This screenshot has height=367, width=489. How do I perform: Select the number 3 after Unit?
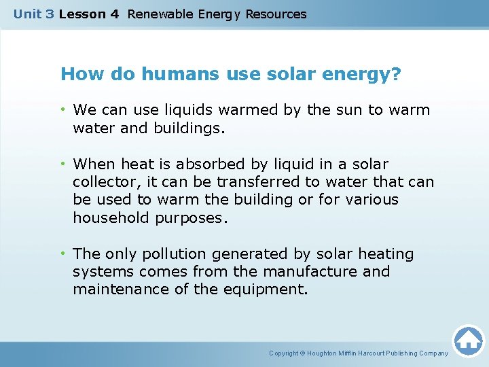50,14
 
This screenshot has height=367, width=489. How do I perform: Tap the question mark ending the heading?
397,74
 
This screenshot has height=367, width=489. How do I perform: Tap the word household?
111,217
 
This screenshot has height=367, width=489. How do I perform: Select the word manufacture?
312,272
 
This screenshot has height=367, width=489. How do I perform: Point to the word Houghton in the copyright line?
324,353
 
